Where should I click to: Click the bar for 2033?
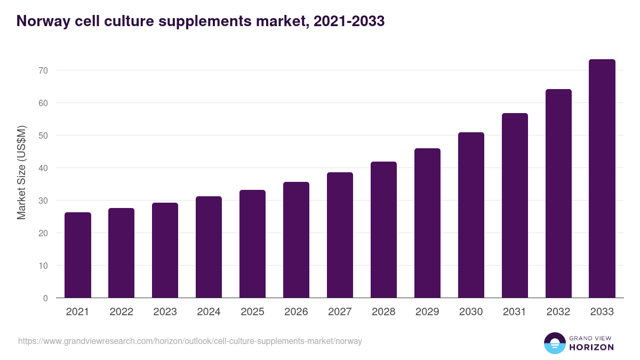(602, 179)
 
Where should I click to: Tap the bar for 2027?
(340, 235)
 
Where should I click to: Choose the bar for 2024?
(209, 247)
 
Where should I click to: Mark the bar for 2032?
(558, 194)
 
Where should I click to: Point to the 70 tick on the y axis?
(43, 70)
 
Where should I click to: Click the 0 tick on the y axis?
(45, 298)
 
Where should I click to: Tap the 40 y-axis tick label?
(43, 168)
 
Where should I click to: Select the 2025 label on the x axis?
(252, 312)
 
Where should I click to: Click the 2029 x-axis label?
(427, 312)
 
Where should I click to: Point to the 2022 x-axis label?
(121, 312)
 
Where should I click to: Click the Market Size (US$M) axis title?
(21, 172)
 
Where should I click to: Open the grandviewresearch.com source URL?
(190, 341)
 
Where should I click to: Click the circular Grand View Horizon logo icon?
(554, 343)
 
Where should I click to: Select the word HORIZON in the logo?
(592, 347)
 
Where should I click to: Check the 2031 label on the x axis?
(515, 312)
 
